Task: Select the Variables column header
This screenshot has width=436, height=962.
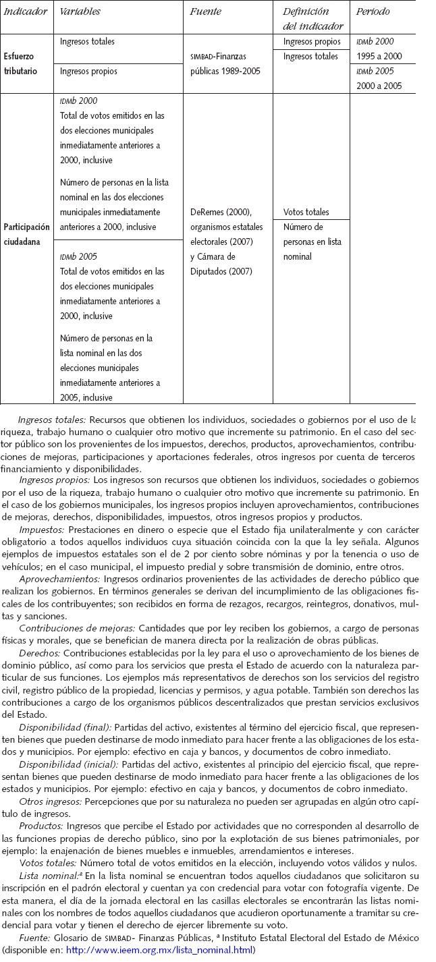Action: (80, 12)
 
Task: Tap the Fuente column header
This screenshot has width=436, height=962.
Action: (206, 12)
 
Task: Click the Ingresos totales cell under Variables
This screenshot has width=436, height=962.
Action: (87, 42)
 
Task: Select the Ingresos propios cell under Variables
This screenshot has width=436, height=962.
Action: (88, 71)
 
